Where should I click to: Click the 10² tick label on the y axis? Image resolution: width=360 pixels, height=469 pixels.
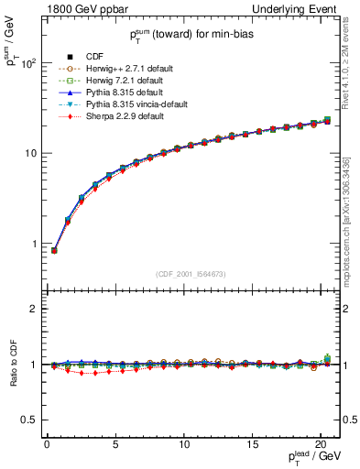tap(28, 64)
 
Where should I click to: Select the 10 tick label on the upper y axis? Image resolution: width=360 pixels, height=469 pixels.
tap(31, 153)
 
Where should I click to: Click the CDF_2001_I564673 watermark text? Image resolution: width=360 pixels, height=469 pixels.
tap(192, 274)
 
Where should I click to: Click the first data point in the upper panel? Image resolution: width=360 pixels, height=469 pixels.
tap(54, 250)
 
